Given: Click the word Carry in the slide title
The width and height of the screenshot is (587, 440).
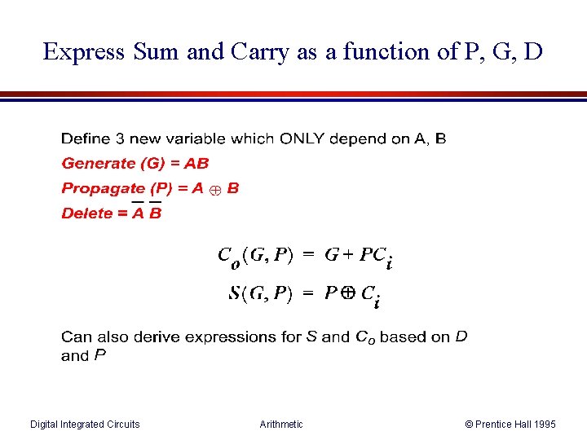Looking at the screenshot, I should (261, 52).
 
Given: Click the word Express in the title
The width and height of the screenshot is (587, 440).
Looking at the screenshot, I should (83, 52).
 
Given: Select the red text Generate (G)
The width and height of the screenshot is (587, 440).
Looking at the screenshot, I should (113, 164).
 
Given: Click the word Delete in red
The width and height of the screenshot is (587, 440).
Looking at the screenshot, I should (86, 213).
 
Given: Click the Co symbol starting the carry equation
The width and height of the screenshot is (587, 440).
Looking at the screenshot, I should (228, 257).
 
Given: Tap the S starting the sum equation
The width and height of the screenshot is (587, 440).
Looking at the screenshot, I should (235, 294).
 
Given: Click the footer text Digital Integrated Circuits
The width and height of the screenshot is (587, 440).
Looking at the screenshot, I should (85, 424).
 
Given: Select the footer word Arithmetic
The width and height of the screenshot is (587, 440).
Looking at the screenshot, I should (280, 424).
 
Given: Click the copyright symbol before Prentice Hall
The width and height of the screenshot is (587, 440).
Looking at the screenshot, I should (470, 424).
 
